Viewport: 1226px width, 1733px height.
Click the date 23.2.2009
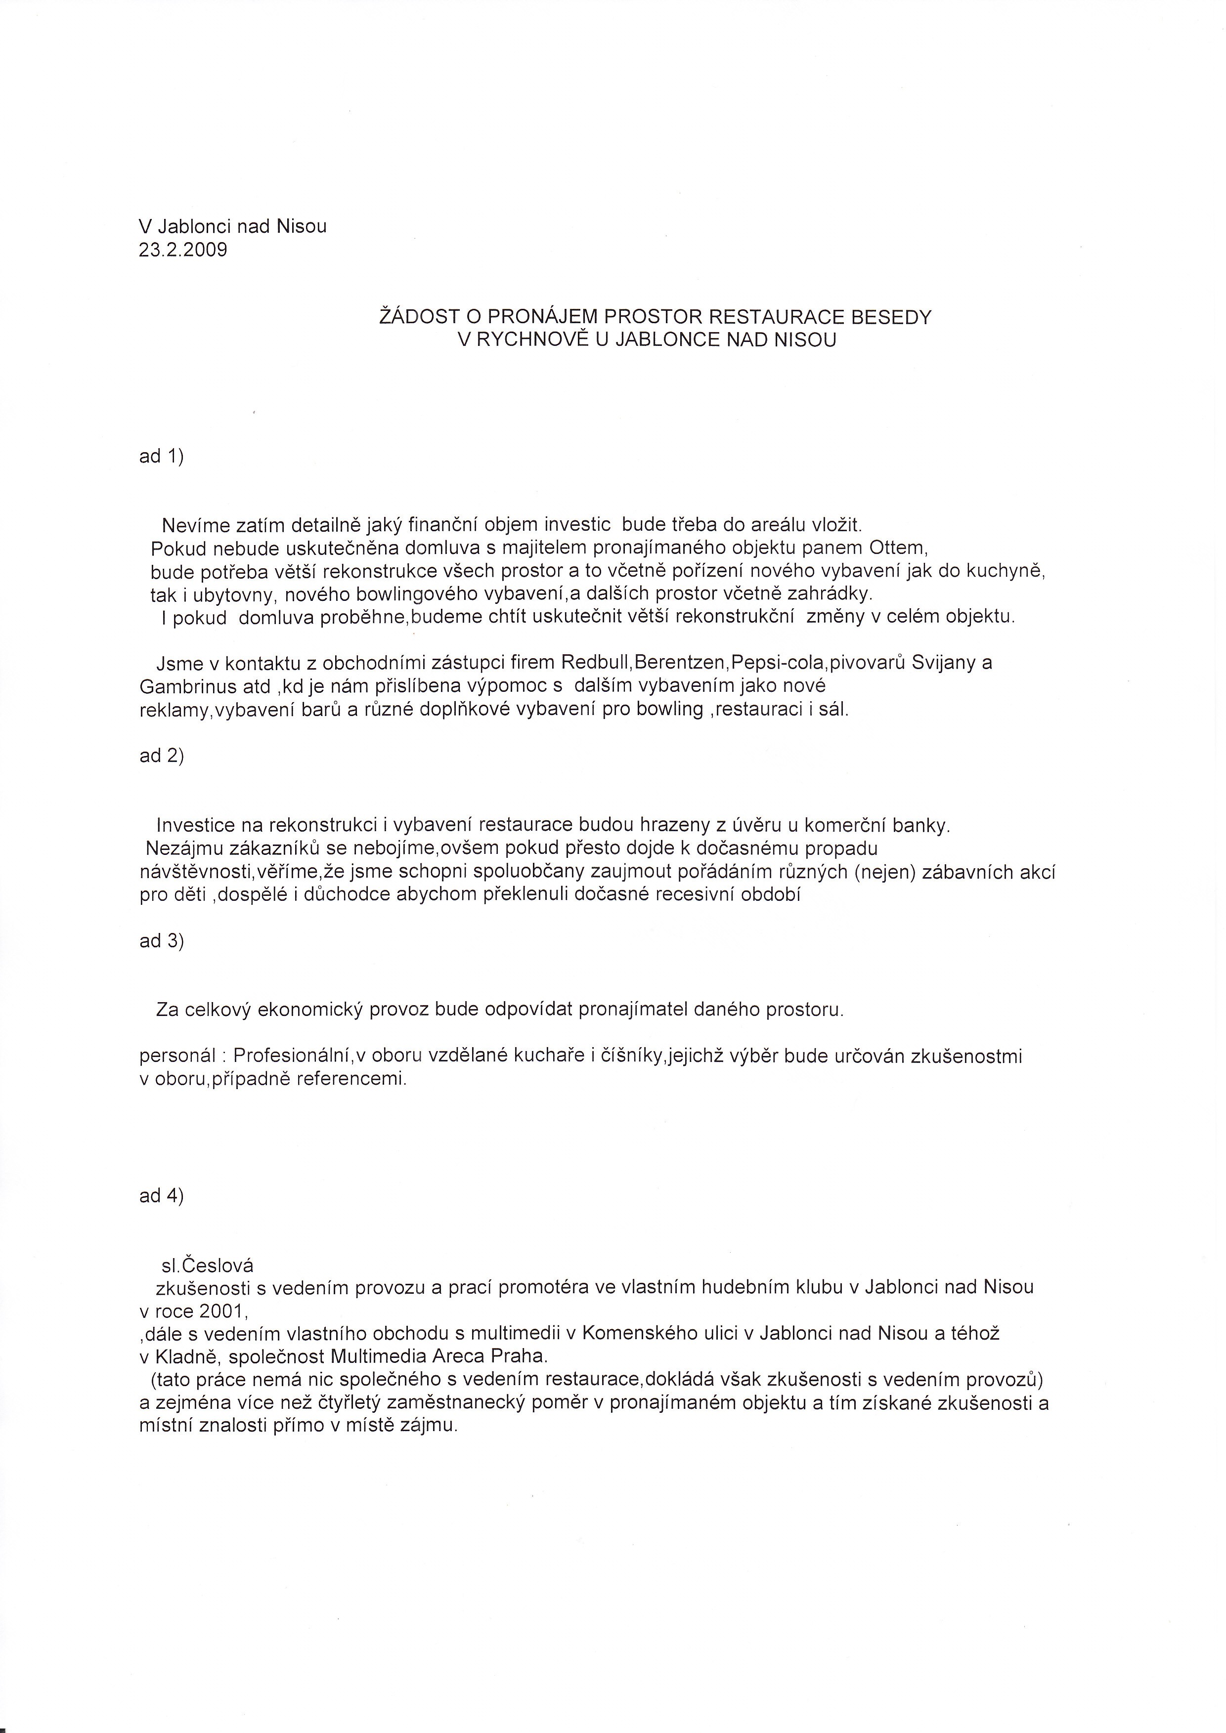click(183, 250)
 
